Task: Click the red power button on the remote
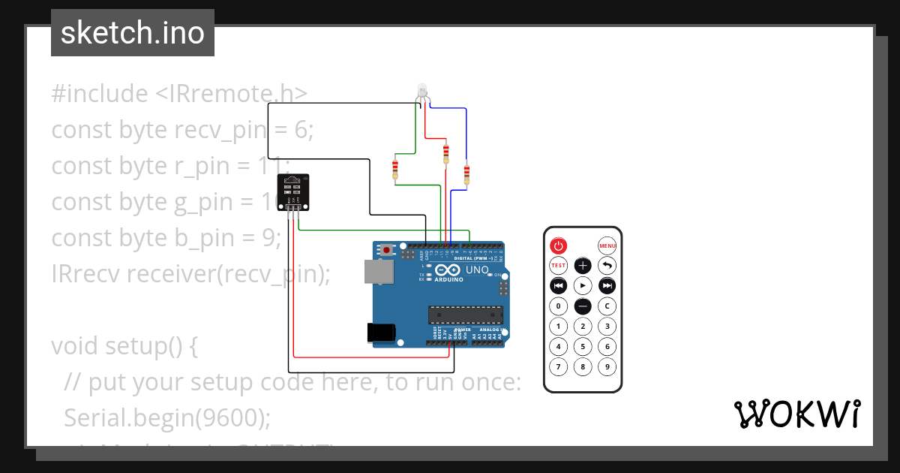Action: [x=558, y=246]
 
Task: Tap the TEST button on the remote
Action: [x=558, y=265]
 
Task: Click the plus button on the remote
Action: [x=583, y=265]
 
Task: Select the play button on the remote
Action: [x=583, y=285]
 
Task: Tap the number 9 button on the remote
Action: [x=607, y=367]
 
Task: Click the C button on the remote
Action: [x=607, y=306]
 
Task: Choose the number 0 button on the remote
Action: [x=558, y=306]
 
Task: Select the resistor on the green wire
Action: [x=395, y=169]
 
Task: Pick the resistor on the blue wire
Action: [x=466, y=174]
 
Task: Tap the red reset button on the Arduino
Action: [x=387, y=249]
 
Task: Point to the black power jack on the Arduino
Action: [x=381, y=333]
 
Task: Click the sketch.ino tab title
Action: [x=133, y=33]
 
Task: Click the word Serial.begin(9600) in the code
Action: [x=167, y=417]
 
